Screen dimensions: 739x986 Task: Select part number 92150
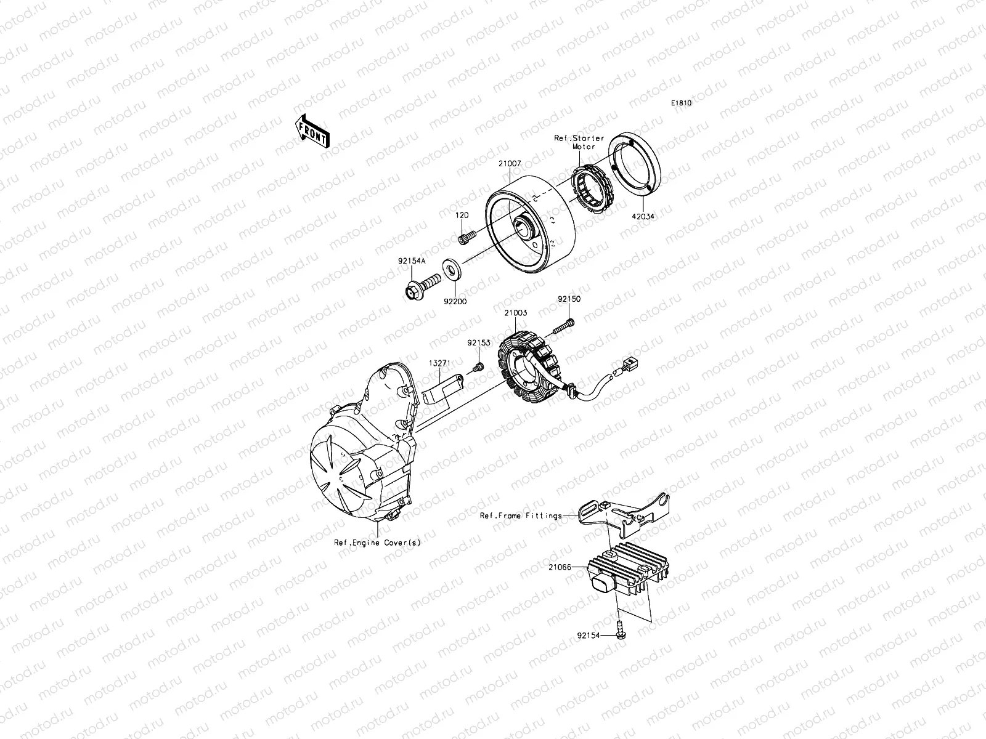pyautogui.click(x=569, y=299)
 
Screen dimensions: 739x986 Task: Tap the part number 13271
pyautogui.click(x=439, y=364)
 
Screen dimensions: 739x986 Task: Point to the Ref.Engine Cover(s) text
pyautogui.click(x=377, y=543)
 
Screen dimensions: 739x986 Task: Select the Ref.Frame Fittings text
pyautogui.click(x=521, y=515)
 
